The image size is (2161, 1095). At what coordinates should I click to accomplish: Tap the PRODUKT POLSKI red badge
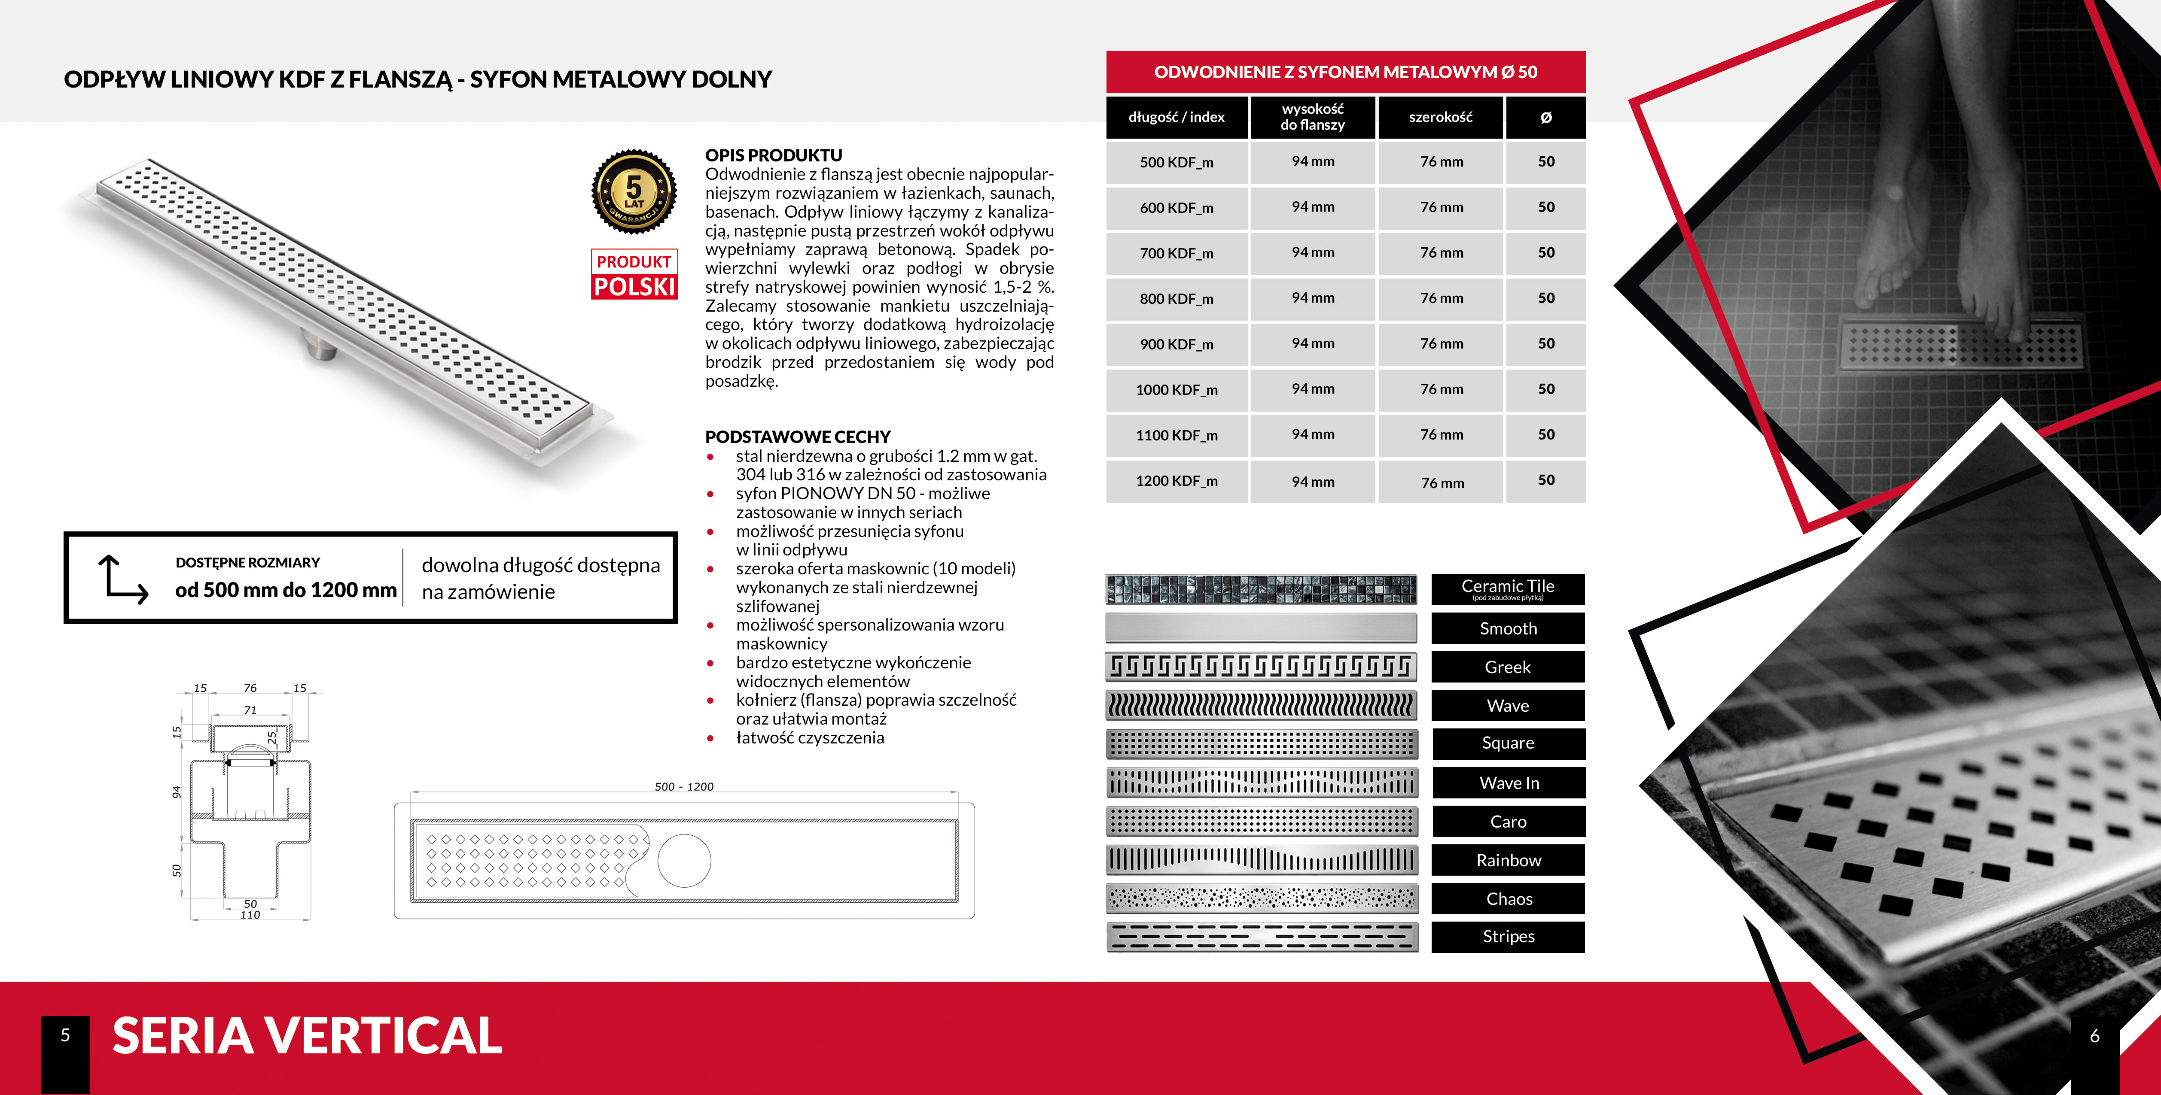click(x=634, y=274)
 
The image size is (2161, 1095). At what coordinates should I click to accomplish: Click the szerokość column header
click(x=1440, y=117)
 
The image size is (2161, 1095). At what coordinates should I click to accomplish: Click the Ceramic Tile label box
click(x=1508, y=588)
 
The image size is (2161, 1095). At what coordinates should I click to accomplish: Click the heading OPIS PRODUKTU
click(x=774, y=155)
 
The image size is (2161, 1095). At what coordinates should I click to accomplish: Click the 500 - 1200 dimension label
click(x=684, y=786)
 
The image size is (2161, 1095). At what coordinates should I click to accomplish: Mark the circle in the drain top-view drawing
click(x=685, y=861)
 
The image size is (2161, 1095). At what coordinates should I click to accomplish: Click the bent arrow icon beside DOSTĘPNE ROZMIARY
click(x=122, y=579)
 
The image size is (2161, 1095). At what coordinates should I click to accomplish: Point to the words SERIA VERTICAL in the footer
click(x=307, y=1035)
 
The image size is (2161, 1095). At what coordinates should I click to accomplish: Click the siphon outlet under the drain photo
click(x=320, y=346)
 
